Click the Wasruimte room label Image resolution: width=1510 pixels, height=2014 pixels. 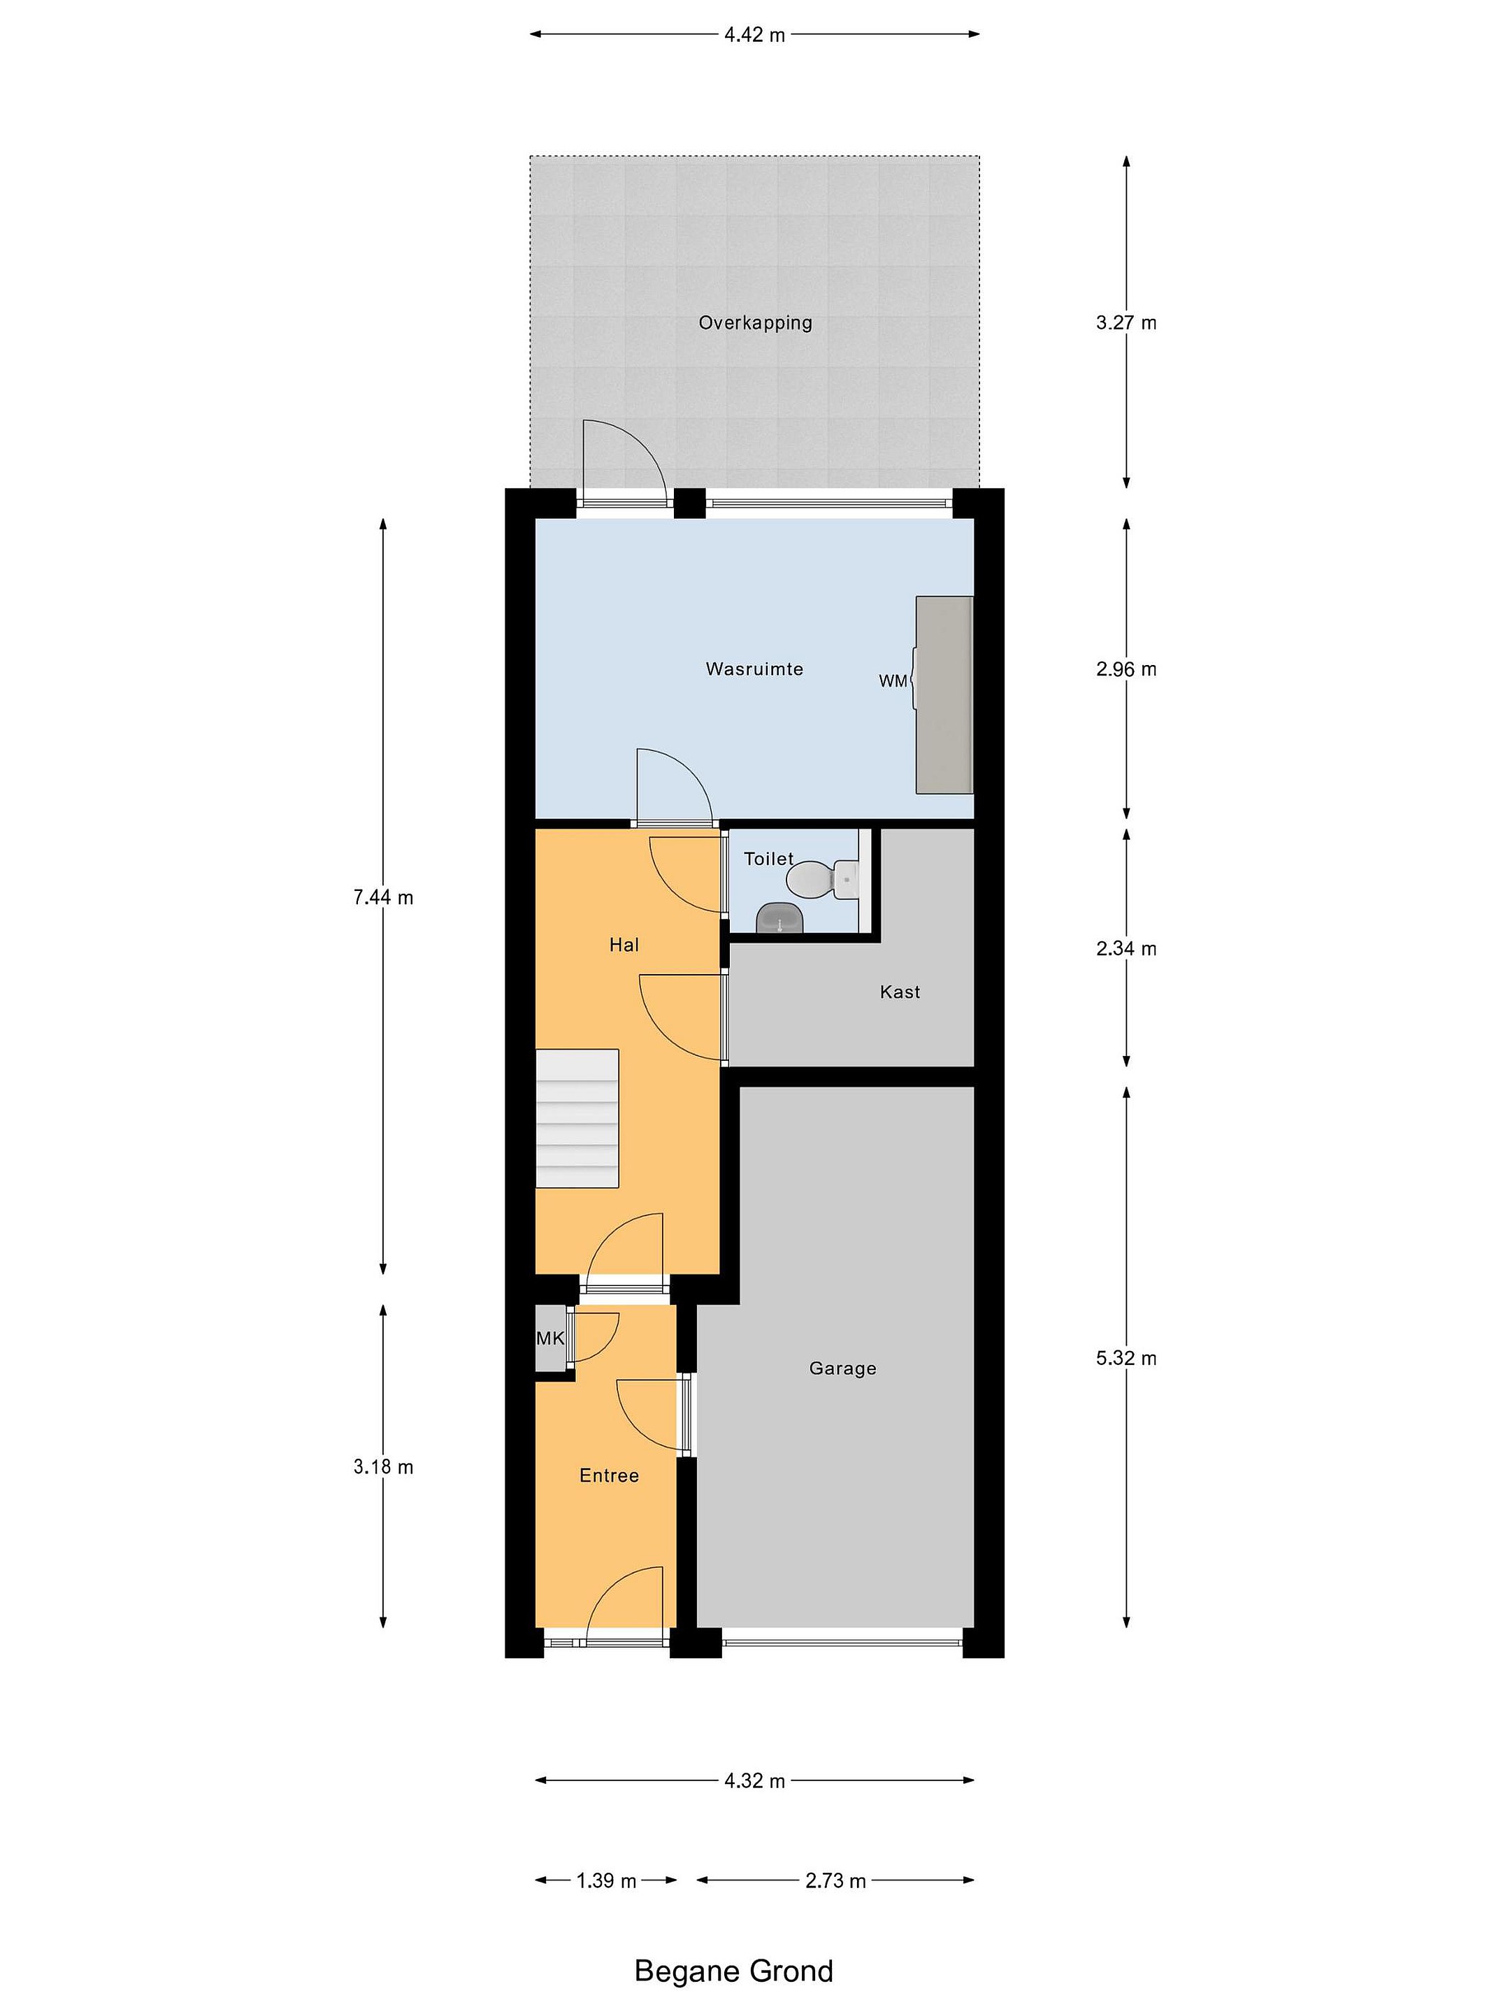(x=754, y=669)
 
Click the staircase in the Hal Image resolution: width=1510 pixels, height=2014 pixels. (x=576, y=1118)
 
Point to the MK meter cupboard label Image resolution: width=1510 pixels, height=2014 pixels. (x=549, y=1338)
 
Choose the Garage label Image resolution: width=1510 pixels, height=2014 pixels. (x=843, y=1369)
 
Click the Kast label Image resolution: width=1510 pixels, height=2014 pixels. (x=900, y=992)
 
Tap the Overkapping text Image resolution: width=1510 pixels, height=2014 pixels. (x=756, y=323)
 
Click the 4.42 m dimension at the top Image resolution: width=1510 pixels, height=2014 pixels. (x=754, y=34)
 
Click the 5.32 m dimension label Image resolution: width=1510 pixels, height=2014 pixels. (x=1126, y=1359)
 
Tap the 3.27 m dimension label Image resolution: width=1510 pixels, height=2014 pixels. (x=1126, y=322)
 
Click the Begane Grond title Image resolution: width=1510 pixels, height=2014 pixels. (x=733, y=1971)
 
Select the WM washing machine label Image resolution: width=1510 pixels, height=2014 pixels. (x=893, y=681)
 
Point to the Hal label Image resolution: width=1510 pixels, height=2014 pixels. (x=624, y=945)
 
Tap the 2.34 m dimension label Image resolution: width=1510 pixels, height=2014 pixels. (x=1126, y=949)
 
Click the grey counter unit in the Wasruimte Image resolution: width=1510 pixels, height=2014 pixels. (x=944, y=694)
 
